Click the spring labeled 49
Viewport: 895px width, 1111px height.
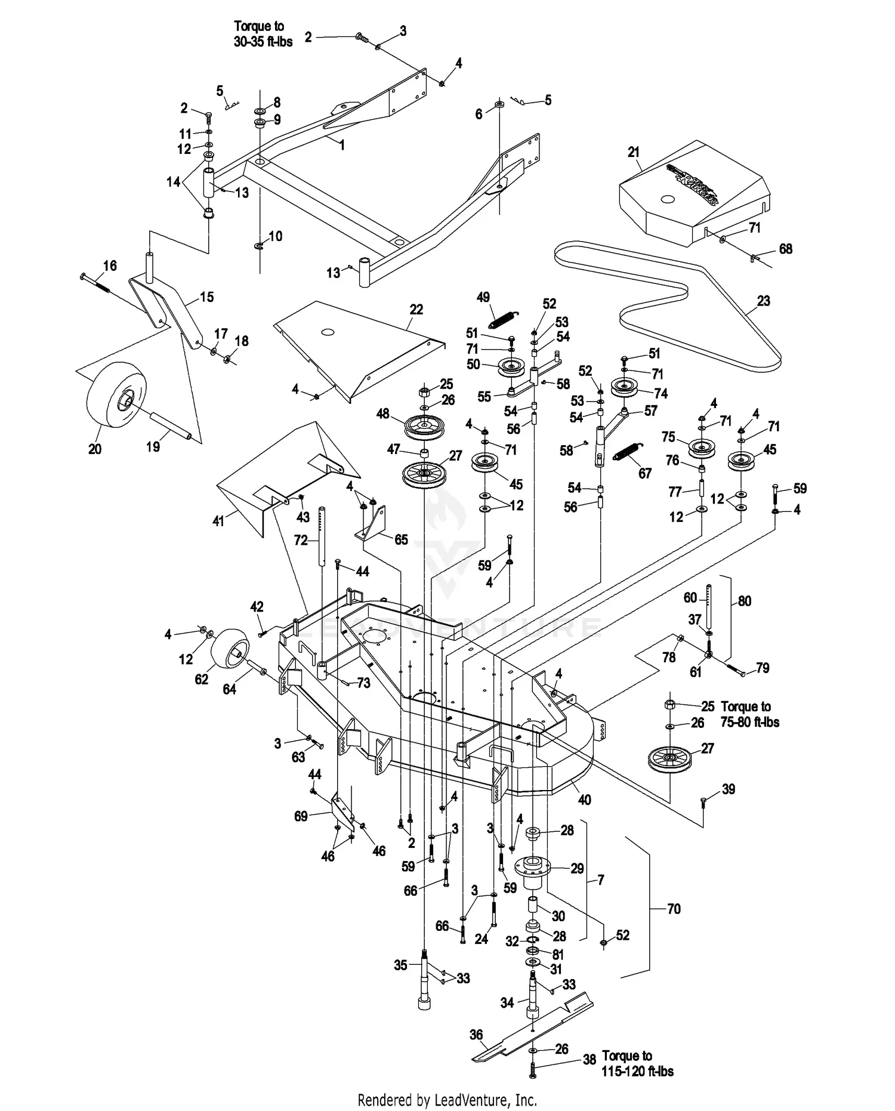click(504, 318)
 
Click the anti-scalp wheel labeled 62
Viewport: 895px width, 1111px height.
click(230, 655)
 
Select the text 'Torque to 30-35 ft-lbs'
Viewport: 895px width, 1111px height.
click(263, 34)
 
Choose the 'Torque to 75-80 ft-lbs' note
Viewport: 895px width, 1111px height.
click(749, 714)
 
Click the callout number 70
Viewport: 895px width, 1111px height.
click(673, 909)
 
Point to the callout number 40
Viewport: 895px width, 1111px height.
click(585, 800)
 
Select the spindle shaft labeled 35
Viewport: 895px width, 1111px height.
click(424, 985)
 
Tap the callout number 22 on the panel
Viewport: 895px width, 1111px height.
click(416, 310)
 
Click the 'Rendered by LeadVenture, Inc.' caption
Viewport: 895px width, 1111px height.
click(447, 1099)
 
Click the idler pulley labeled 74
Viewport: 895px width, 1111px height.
click(625, 388)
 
